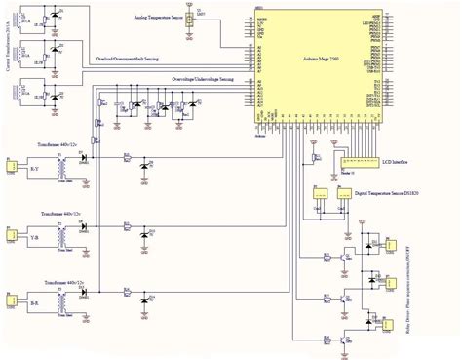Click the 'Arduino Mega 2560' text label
[x=323, y=61]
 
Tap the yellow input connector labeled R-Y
[x=12, y=166]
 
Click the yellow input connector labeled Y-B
[x=12, y=237]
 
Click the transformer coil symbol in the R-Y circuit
[x=63, y=161]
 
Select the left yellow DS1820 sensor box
[x=319, y=195]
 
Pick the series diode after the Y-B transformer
[x=86, y=225]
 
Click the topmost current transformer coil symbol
[x=34, y=17]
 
